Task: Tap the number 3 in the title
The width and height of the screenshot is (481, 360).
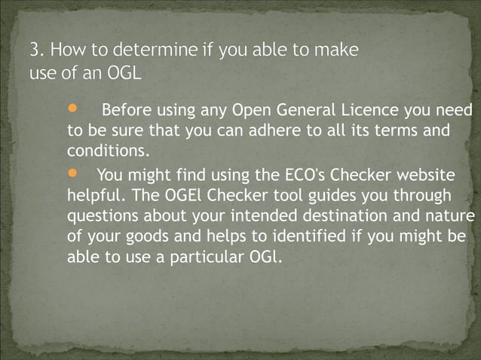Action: [34, 51]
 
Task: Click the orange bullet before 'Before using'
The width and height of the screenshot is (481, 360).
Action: [72, 108]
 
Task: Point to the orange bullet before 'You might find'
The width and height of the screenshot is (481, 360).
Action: [72, 174]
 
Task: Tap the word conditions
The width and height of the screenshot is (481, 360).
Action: [104, 151]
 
